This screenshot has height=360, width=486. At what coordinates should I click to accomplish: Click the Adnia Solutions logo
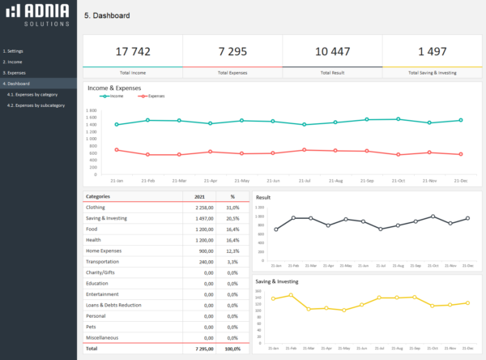click(39, 16)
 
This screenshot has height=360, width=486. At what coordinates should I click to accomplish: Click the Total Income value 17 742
click(133, 51)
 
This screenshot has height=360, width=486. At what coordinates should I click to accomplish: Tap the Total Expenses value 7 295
click(232, 51)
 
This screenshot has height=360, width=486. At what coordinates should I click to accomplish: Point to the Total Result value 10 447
click(332, 51)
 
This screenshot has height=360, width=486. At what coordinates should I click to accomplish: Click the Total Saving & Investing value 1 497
click(432, 51)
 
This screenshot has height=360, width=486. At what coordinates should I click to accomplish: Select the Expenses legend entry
click(153, 96)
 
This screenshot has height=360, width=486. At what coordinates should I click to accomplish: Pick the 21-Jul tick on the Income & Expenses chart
click(305, 180)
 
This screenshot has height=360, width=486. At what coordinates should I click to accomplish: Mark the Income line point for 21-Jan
click(117, 125)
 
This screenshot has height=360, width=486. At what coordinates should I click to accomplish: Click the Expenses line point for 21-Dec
click(461, 154)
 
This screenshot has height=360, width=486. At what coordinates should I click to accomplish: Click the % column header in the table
click(232, 196)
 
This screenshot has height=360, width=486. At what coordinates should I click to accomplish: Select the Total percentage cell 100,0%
click(231, 348)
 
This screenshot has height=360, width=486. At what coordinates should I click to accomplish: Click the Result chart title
click(264, 197)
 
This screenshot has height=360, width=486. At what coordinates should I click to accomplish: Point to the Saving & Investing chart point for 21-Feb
click(291, 295)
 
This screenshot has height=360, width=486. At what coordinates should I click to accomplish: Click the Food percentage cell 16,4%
click(232, 229)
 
